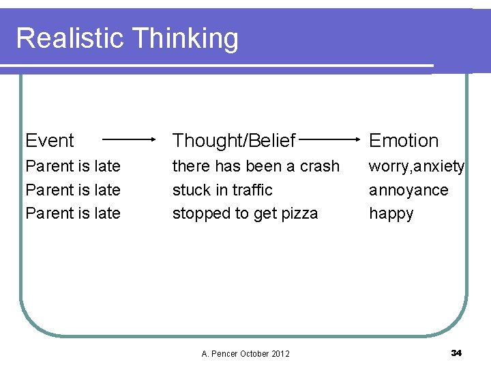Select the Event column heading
pyautogui.click(x=50, y=141)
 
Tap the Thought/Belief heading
pyautogui.click(x=234, y=141)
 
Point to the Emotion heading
pyautogui.click(x=404, y=141)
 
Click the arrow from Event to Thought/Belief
pyautogui.click(x=130, y=139)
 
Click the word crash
pyautogui.click(x=320, y=166)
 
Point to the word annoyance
pyautogui.click(x=408, y=190)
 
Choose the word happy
pyautogui.click(x=391, y=214)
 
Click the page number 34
pyautogui.click(x=456, y=353)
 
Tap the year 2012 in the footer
pyautogui.click(x=280, y=353)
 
